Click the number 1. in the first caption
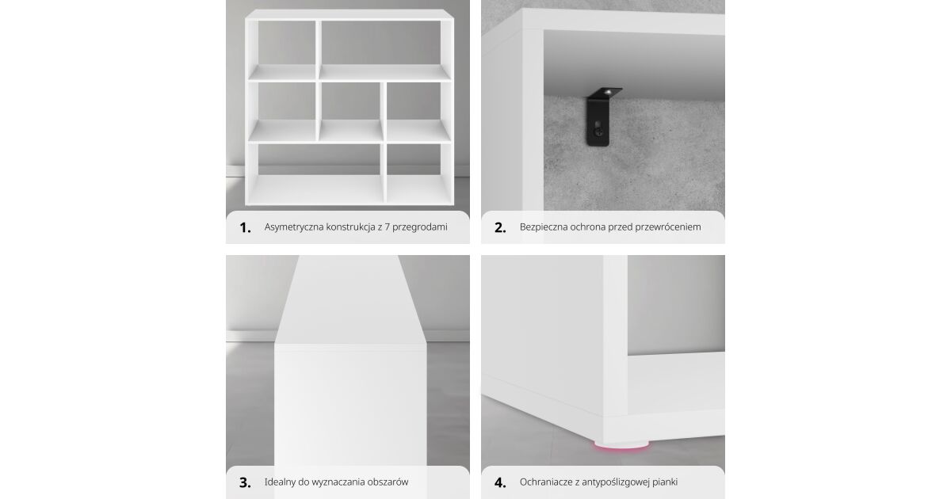[x=245, y=228]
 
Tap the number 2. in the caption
[x=500, y=228]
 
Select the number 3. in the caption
[x=245, y=483]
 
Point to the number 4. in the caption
[x=500, y=483]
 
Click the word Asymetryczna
[x=294, y=227]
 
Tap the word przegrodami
[x=419, y=227]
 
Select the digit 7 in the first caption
[x=387, y=227]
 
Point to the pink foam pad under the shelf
[x=621, y=445]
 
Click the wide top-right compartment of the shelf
[x=384, y=50]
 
